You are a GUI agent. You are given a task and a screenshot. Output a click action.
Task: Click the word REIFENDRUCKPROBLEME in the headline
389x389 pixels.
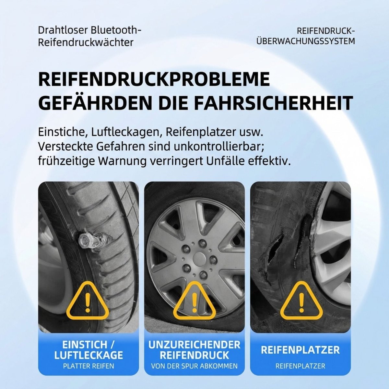154,79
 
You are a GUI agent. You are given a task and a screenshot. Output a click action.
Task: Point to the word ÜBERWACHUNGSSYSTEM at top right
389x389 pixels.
305,41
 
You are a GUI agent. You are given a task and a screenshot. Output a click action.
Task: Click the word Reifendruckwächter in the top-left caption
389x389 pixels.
86,42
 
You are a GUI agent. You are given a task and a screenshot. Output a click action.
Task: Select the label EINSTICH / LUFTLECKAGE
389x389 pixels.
88,349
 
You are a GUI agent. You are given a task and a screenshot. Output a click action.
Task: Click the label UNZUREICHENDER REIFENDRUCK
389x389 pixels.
194,349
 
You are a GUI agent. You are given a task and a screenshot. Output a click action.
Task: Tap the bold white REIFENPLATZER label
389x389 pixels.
301,350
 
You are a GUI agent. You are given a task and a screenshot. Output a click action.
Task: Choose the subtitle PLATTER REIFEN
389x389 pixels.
88,366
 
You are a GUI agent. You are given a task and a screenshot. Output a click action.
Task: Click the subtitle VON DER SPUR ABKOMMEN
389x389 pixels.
194,366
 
